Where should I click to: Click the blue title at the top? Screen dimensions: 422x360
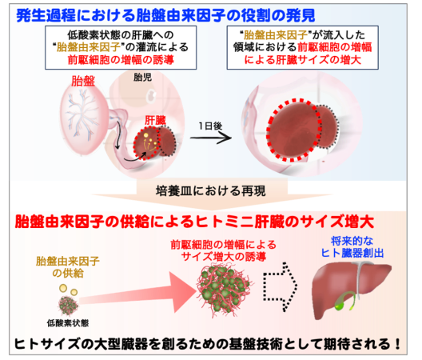pyautogui.click(x=165, y=15)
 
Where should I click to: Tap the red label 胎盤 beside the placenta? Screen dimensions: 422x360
pyautogui.click(x=83, y=81)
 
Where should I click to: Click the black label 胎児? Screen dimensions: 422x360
pyautogui.click(x=142, y=78)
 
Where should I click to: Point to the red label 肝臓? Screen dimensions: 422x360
pyautogui.click(x=155, y=120)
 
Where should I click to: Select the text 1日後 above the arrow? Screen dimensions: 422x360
pyautogui.click(x=211, y=126)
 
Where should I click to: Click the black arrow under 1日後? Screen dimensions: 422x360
pyautogui.click(x=211, y=138)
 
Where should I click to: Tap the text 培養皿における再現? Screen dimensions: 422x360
pyautogui.click(x=211, y=191)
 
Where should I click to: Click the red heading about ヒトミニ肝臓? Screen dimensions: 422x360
pyautogui.click(x=194, y=222)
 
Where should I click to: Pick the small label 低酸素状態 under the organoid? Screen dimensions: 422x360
pyautogui.click(x=68, y=323)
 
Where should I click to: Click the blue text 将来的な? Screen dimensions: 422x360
pyautogui.click(x=352, y=241)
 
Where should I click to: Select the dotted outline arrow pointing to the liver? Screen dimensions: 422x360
pyautogui.click(x=280, y=286)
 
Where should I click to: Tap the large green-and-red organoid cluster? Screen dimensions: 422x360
pyautogui.click(x=224, y=290)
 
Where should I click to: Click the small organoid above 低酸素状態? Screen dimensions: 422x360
pyautogui.click(x=69, y=306)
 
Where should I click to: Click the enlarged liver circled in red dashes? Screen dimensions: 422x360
pyautogui.click(x=294, y=130)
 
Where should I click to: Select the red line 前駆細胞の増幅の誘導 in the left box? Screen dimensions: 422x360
pyautogui.click(x=121, y=59)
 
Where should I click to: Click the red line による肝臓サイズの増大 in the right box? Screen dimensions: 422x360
pyautogui.click(x=302, y=59)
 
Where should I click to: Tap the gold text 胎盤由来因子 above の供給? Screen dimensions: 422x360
pyautogui.click(x=68, y=261)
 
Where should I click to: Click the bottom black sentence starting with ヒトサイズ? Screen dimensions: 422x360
pyautogui.click(x=208, y=344)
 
